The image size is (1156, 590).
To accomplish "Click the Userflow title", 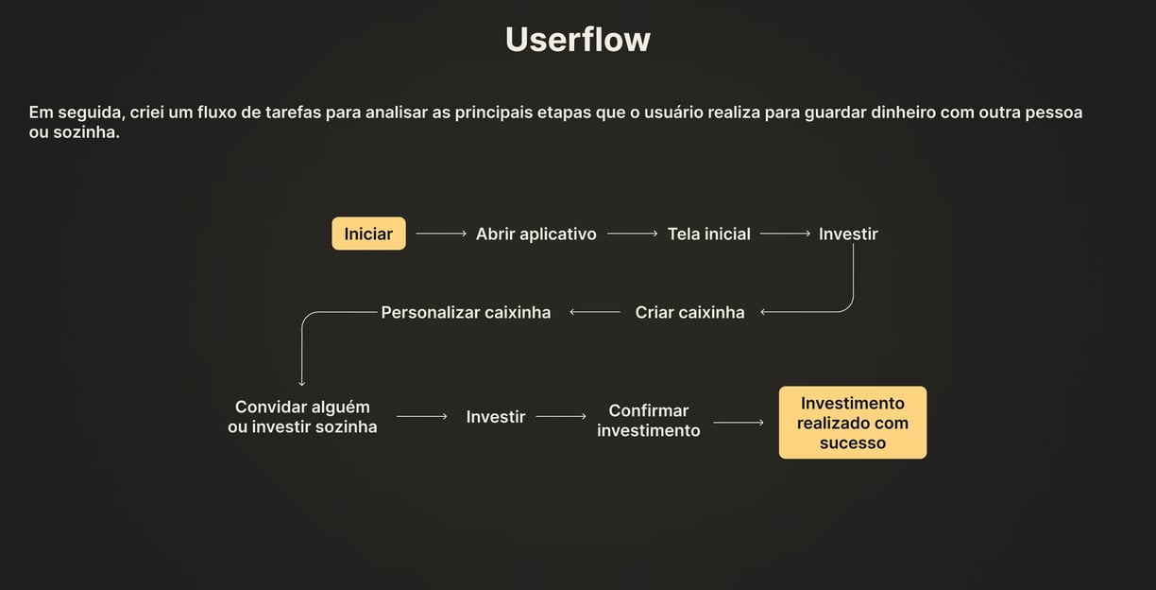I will point(577,40).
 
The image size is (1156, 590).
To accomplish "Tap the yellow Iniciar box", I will point(368,234).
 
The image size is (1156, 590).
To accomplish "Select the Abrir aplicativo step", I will point(535,234).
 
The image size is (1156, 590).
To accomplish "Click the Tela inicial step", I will point(708,234).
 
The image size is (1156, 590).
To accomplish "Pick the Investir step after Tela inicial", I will point(848,234).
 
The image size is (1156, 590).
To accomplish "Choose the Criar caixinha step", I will point(689,312).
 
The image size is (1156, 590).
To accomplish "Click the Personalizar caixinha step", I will point(466,312).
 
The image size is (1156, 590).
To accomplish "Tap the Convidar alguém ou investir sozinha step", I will point(302,417).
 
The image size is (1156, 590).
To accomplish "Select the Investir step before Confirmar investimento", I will point(495,417).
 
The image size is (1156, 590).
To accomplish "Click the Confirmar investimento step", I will point(649,421).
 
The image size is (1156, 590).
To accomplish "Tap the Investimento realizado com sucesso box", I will point(852,423).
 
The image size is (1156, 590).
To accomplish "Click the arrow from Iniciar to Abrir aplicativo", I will point(441,234).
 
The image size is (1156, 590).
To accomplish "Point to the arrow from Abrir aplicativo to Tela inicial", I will point(632,234).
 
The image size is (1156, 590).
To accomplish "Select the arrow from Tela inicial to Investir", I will point(785,234).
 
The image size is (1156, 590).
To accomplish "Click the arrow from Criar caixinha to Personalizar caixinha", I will point(595,312).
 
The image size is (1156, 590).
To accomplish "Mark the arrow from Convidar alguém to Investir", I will point(421,416).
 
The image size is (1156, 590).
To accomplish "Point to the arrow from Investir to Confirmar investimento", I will point(560,416).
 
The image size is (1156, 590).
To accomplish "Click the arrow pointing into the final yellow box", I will point(739,423).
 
